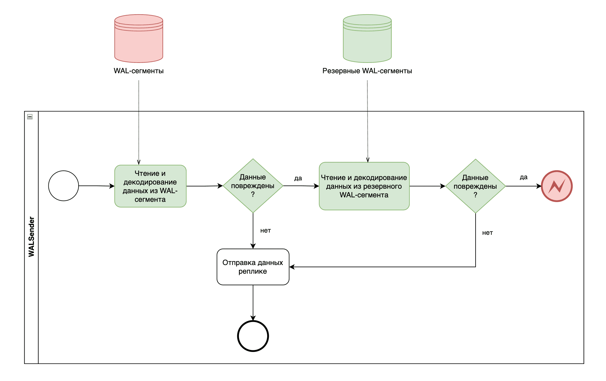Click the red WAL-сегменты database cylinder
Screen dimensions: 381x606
tap(138, 39)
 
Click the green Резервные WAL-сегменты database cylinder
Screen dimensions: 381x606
tap(367, 39)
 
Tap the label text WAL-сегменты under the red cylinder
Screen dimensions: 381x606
tap(138, 71)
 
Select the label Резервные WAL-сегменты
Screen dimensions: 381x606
tap(367, 71)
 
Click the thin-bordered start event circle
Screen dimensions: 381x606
tap(64, 186)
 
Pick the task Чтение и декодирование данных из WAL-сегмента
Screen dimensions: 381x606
tap(150, 186)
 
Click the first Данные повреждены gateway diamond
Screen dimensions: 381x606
tap(253, 186)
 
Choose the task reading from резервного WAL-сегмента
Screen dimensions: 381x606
tap(364, 186)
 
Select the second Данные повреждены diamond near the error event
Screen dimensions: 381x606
tap(475, 186)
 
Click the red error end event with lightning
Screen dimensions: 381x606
tap(556, 186)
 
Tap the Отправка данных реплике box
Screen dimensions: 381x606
tap(253, 267)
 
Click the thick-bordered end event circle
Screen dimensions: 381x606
tap(253, 336)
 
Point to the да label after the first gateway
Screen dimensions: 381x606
tap(298, 178)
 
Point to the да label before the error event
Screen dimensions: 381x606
tap(523, 177)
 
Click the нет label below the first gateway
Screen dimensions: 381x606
tap(265, 231)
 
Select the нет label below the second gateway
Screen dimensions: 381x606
tap(487, 233)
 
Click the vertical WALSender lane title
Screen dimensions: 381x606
tap(31, 237)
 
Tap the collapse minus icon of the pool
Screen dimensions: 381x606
tap(30, 117)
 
